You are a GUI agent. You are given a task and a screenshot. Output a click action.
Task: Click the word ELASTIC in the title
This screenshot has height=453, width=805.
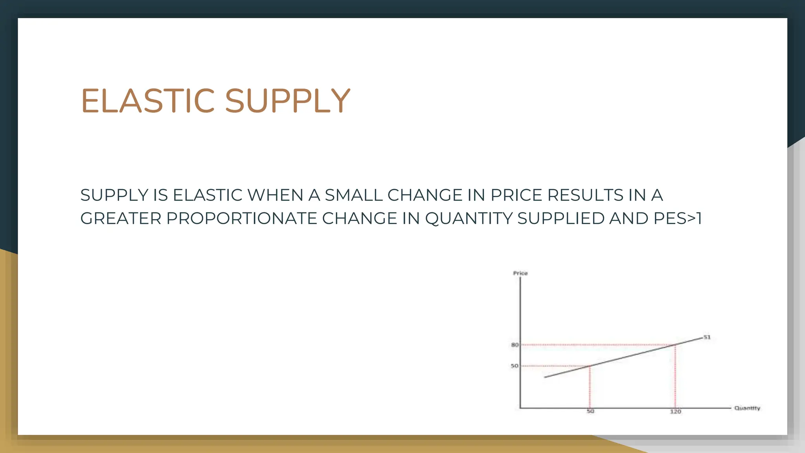pyautogui.click(x=148, y=101)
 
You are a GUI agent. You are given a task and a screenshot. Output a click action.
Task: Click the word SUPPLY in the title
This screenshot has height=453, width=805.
pyautogui.click(x=287, y=101)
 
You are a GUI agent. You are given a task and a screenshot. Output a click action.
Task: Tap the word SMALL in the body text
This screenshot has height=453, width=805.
pyautogui.click(x=353, y=195)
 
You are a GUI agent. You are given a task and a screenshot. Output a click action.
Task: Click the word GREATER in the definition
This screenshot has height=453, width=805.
pyautogui.click(x=121, y=219)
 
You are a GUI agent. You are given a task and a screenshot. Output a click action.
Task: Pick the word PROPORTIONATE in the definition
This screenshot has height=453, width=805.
pyautogui.click(x=241, y=219)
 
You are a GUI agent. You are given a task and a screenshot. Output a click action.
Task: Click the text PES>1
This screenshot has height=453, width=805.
pyautogui.click(x=677, y=219)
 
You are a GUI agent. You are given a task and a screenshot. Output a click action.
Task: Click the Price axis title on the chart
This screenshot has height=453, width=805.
pyautogui.click(x=520, y=273)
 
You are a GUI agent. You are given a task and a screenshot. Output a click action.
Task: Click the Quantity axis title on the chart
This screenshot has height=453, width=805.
pyautogui.click(x=747, y=408)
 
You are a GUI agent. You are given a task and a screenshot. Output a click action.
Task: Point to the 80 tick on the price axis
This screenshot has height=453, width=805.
pyautogui.click(x=515, y=345)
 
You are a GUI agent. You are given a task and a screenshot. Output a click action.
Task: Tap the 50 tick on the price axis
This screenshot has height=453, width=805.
pyautogui.click(x=515, y=366)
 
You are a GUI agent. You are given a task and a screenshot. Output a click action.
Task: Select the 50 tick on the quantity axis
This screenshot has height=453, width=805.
pyautogui.click(x=590, y=411)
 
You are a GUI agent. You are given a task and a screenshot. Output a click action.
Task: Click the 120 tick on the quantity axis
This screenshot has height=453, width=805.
pyautogui.click(x=675, y=411)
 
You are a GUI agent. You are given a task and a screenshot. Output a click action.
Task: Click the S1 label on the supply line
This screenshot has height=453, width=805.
pyautogui.click(x=707, y=337)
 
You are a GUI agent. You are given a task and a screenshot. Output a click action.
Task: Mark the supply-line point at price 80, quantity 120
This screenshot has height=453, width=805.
pyautogui.click(x=675, y=345)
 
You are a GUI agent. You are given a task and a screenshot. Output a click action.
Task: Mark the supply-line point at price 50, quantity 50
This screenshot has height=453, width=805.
pyautogui.click(x=590, y=366)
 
